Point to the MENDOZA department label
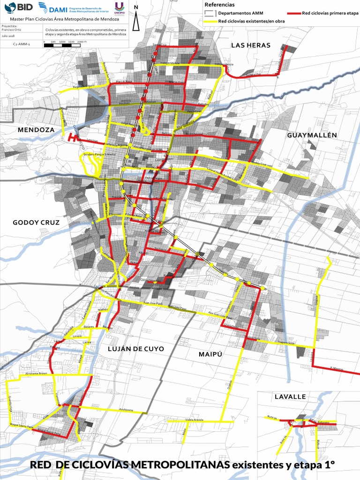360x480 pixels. [36, 129]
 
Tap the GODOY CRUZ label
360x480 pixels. [36, 222]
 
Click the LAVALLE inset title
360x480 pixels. [290, 397]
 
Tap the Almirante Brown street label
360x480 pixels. [37, 374]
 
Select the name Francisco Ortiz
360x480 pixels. [9, 30]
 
